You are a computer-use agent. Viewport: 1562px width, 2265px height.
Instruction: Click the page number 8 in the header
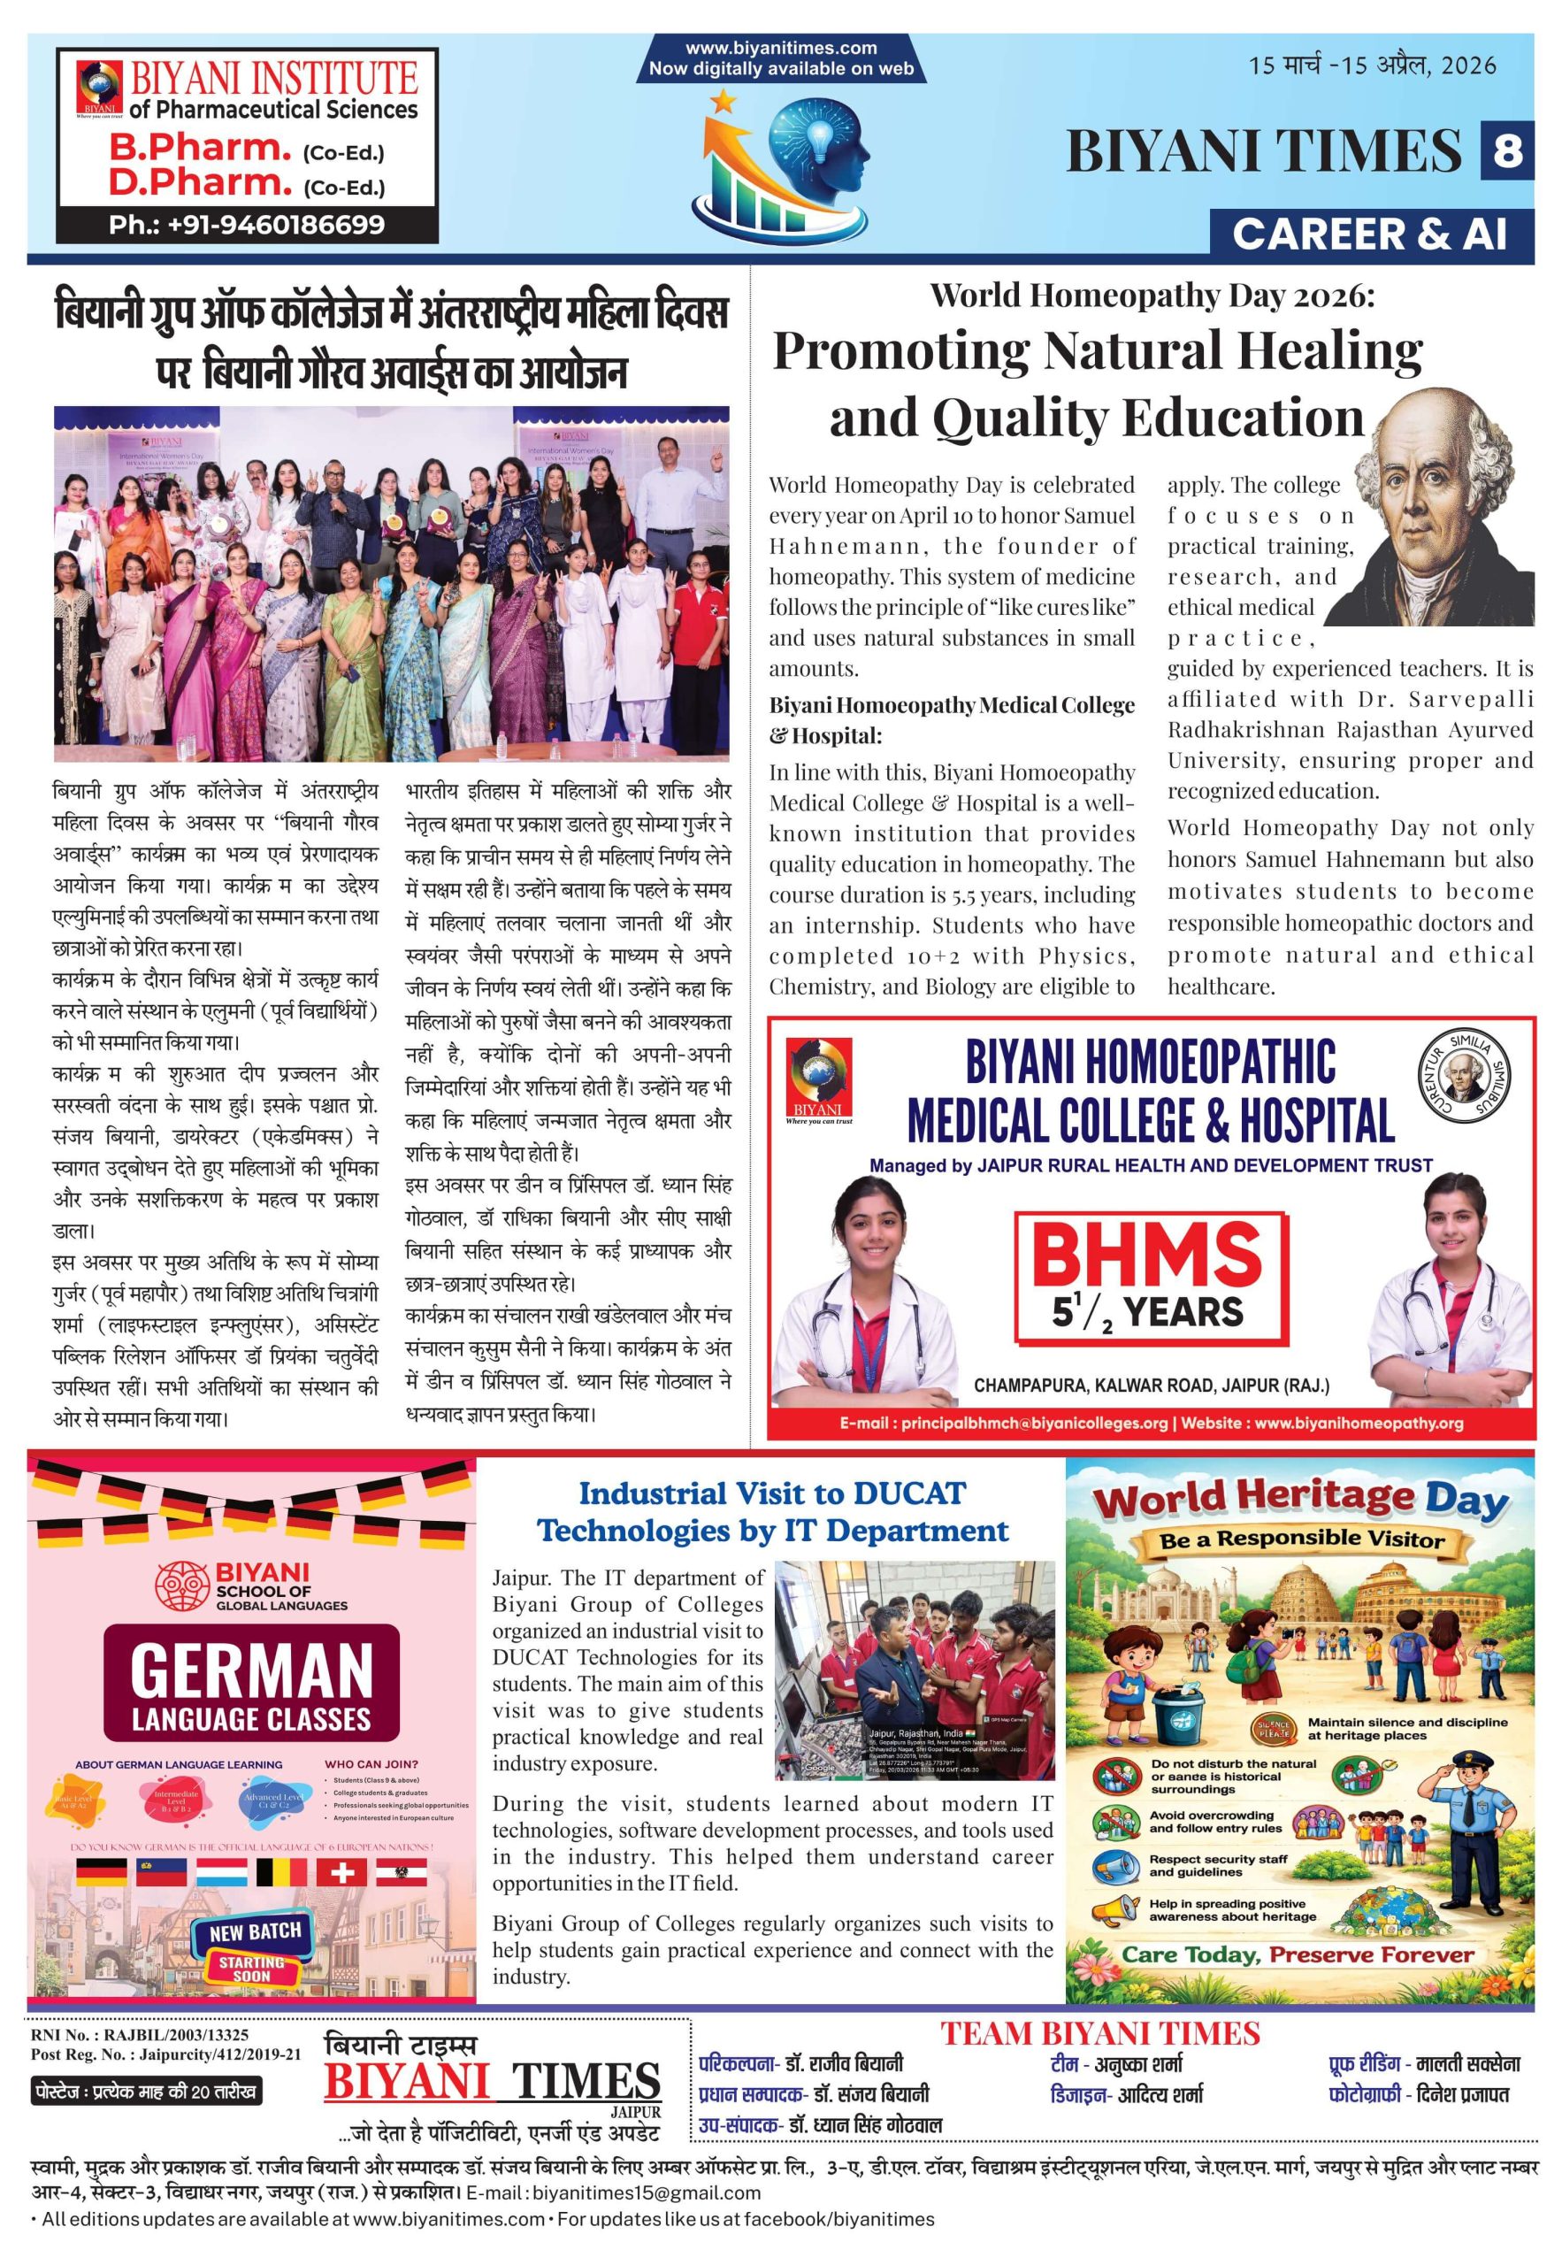[1507, 150]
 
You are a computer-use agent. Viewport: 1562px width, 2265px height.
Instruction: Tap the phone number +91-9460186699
[247, 225]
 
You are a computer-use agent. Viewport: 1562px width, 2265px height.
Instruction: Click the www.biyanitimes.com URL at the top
[781, 48]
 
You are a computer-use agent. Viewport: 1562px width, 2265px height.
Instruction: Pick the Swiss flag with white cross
[341, 1872]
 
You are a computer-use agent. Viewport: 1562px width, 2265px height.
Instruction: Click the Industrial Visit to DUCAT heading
[772, 1512]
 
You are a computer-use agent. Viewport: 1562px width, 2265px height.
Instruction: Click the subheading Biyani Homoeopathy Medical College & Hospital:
[952, 719]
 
